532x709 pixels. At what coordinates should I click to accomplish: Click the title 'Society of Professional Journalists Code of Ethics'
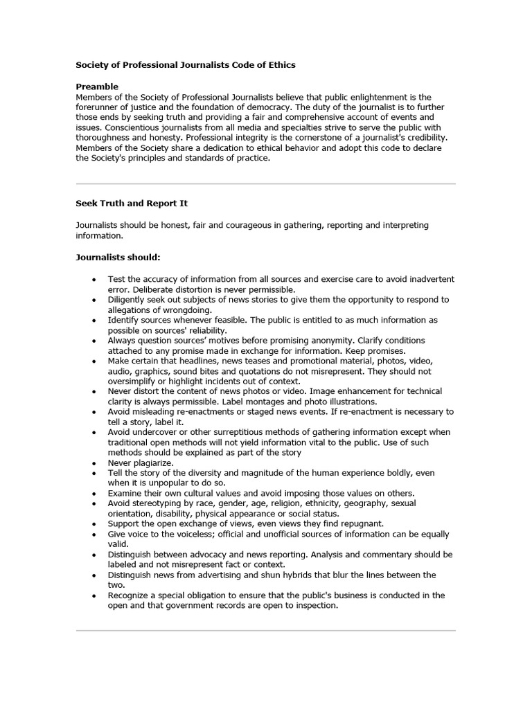pyautogui.click(x=185, y=65)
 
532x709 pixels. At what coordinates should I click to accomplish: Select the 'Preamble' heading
pyautogui.click(x=97, y=87)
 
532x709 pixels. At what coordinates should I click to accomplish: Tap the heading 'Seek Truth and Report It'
pyautogui.click(x=132, y=204)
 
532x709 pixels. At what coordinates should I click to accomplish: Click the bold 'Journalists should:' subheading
pyautogui.click(x=118, y=258)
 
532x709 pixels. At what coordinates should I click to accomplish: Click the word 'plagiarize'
pyautogui.click(x=153, y=463)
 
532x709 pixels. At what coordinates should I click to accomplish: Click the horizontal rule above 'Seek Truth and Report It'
pyautogui.click(x=265, y=184)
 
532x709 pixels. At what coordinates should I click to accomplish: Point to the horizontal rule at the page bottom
pyautogui.click(x=265, y=631)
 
